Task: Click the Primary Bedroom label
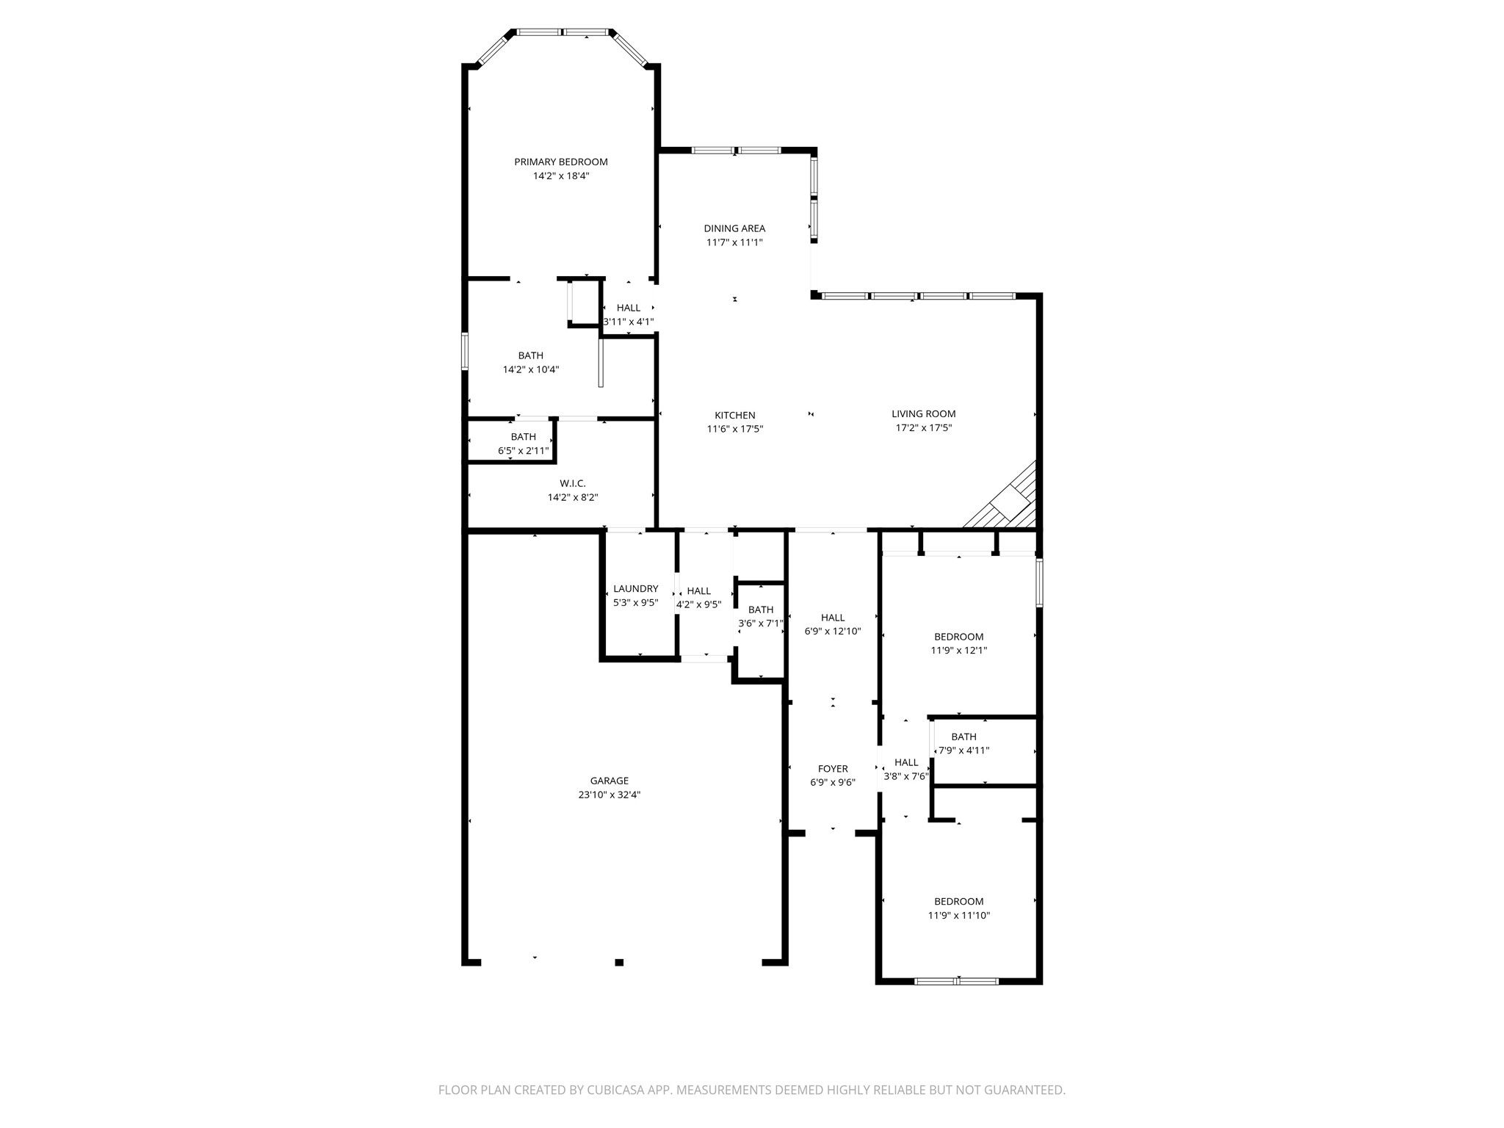[x=561, y=162]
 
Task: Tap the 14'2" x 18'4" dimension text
[x=561, y=176]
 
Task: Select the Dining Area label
[x=734, y=228]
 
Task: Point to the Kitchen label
[x=735, y=416]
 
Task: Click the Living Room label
[x=924, y=414]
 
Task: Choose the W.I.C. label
[x=573, y=483]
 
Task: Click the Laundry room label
[x=636, y=589]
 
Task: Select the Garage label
[x=610, y=781]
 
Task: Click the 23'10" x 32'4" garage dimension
[x=610, y=795]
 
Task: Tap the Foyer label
[x=833, y=769]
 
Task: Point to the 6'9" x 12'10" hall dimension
[x=833, y=632]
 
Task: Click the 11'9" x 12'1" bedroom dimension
[x=959, y=651]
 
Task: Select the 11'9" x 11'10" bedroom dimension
[x=959, y=916]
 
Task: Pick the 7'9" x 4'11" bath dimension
[x=964, y=751]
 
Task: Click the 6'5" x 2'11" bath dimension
[x=524, y=451]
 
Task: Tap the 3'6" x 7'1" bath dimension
[x=761, y=623]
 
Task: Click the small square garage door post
[x=619, y=962]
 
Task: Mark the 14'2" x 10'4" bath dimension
[x=531, y=370]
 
